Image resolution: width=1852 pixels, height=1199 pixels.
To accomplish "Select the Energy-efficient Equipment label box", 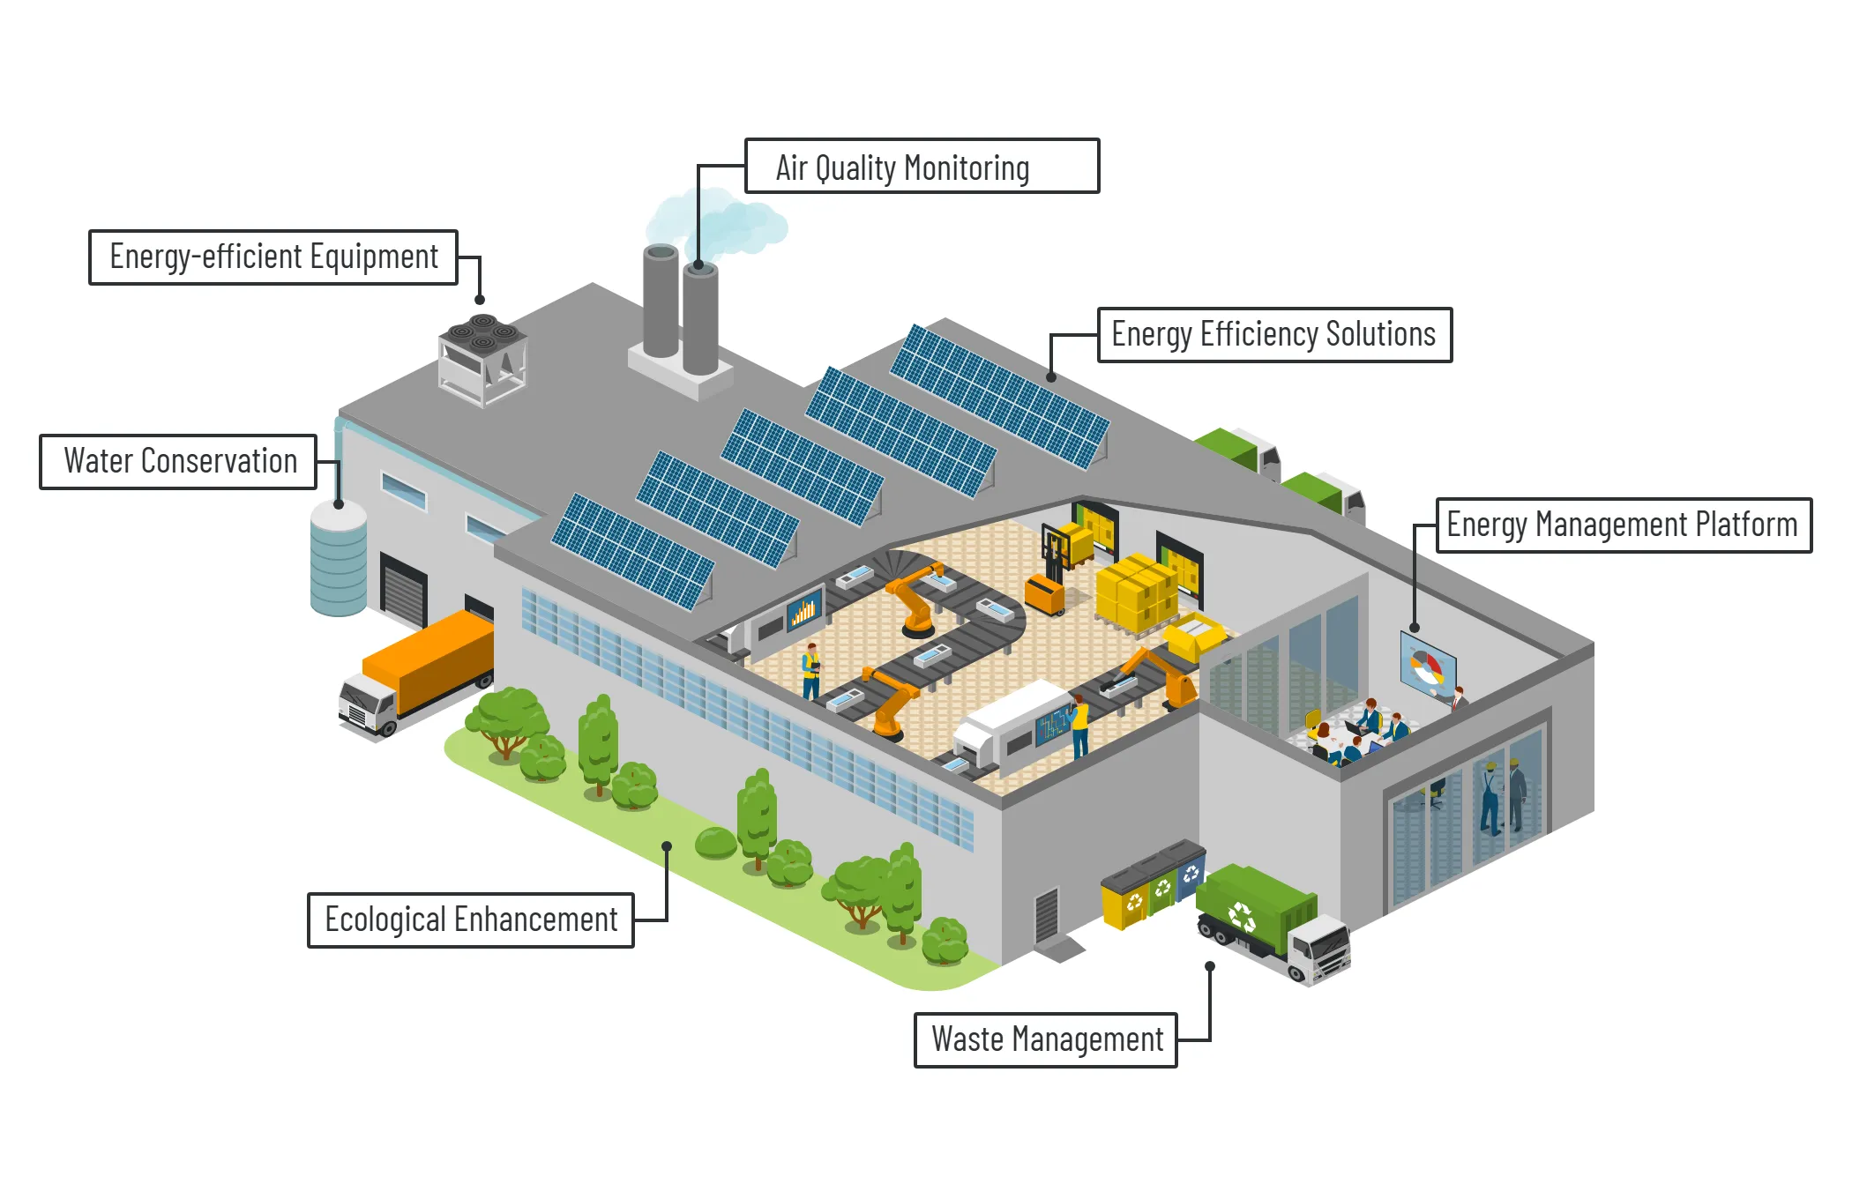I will (x=273, y=257).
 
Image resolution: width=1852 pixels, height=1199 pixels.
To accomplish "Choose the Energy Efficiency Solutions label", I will (x=1273, y=335).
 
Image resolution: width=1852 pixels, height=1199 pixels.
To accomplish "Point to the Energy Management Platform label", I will (x=1623, y=525).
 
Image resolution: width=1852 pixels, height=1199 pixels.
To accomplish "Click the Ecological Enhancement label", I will (x=470, y=920).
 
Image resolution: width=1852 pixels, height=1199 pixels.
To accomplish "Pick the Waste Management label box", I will (x=1046, y=1039).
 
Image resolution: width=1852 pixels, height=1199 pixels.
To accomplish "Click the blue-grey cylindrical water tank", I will (x=339, y=559).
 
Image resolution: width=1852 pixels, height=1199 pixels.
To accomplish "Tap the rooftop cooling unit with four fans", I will (x=482, y=357).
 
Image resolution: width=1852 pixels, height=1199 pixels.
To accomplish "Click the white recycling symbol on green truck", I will (x=1242, y=916).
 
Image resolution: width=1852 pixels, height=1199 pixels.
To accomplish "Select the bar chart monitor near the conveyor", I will (x=803, y=610).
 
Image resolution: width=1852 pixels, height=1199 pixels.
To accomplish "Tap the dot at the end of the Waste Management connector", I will (x=1210, y=966).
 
